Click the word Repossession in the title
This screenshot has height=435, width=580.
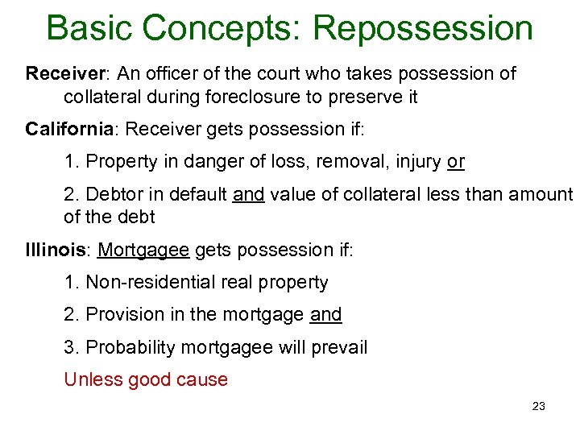tap(423, 29)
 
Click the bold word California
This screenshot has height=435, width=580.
tap(71, 129)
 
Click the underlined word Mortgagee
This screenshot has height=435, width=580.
tap(143, 251)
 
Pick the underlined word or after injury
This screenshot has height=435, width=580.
tap(456, 162)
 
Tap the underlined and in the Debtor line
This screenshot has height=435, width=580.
tap(248, 194)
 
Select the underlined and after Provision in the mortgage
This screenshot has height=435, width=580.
tap(325, 315)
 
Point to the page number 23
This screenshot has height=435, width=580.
tap(539, 406)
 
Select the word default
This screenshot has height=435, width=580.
tap(197, 194)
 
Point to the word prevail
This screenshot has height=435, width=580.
tap(339, 347)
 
